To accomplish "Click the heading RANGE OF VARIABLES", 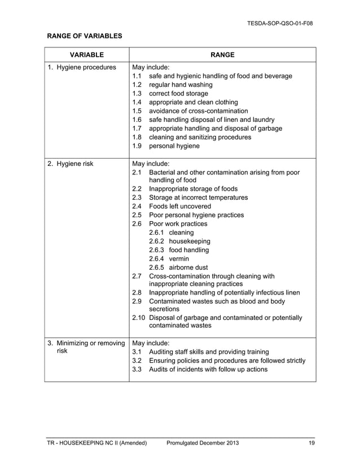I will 84,36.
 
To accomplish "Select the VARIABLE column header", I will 86,55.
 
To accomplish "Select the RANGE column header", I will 222,55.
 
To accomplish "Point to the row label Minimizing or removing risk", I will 85,347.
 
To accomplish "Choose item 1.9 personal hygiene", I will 173,146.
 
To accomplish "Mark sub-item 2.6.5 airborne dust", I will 178,267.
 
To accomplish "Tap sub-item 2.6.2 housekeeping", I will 179,241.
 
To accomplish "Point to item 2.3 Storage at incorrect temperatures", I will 197,198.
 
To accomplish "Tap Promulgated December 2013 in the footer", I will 203,443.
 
